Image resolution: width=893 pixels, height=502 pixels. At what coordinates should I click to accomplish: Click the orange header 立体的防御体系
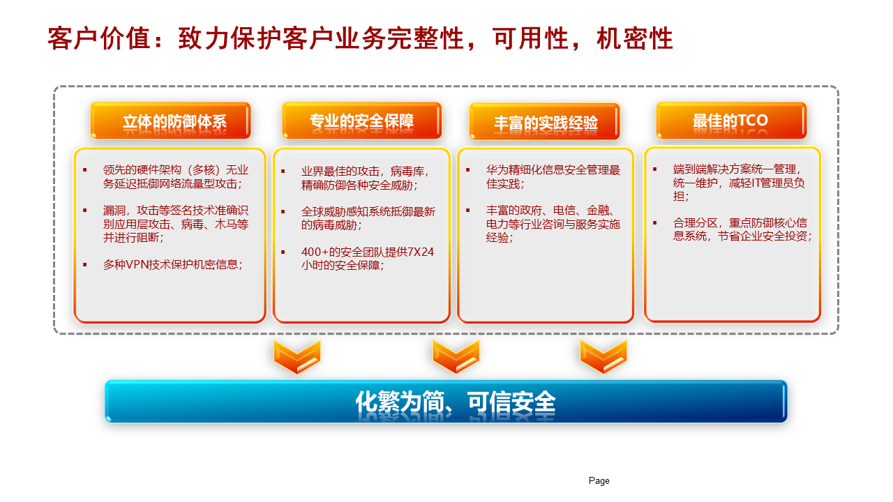pos(171,121)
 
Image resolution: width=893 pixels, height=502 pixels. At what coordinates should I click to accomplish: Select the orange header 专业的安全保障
pos(361,121)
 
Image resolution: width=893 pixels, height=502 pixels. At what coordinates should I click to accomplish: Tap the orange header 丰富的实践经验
pos(545,122)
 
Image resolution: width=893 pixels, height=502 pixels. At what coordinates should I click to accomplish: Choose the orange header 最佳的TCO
pos(731,121)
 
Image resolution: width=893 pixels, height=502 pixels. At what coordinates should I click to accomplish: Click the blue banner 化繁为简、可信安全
pos(446,402)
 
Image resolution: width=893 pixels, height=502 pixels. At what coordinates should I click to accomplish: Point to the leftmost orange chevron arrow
pos(297,356)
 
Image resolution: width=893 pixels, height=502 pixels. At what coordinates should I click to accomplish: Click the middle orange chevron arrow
pos(456,356)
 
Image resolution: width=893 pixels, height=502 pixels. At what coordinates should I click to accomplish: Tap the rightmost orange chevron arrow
pos(603,356)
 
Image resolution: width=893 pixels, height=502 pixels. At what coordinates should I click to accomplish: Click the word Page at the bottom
pos(599,481)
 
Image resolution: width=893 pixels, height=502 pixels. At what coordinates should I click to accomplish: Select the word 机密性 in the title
pos(635,38)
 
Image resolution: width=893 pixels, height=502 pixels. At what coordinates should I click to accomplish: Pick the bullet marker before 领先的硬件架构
pos(85,170)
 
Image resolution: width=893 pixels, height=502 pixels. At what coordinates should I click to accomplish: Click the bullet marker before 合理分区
pos(654,222)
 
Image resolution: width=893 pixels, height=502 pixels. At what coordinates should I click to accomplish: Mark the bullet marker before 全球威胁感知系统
pos(283,211)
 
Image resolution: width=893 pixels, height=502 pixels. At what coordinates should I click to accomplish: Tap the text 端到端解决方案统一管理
pos(735,169)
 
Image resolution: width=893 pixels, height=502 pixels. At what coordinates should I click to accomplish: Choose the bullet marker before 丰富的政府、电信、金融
pos(467,211)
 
